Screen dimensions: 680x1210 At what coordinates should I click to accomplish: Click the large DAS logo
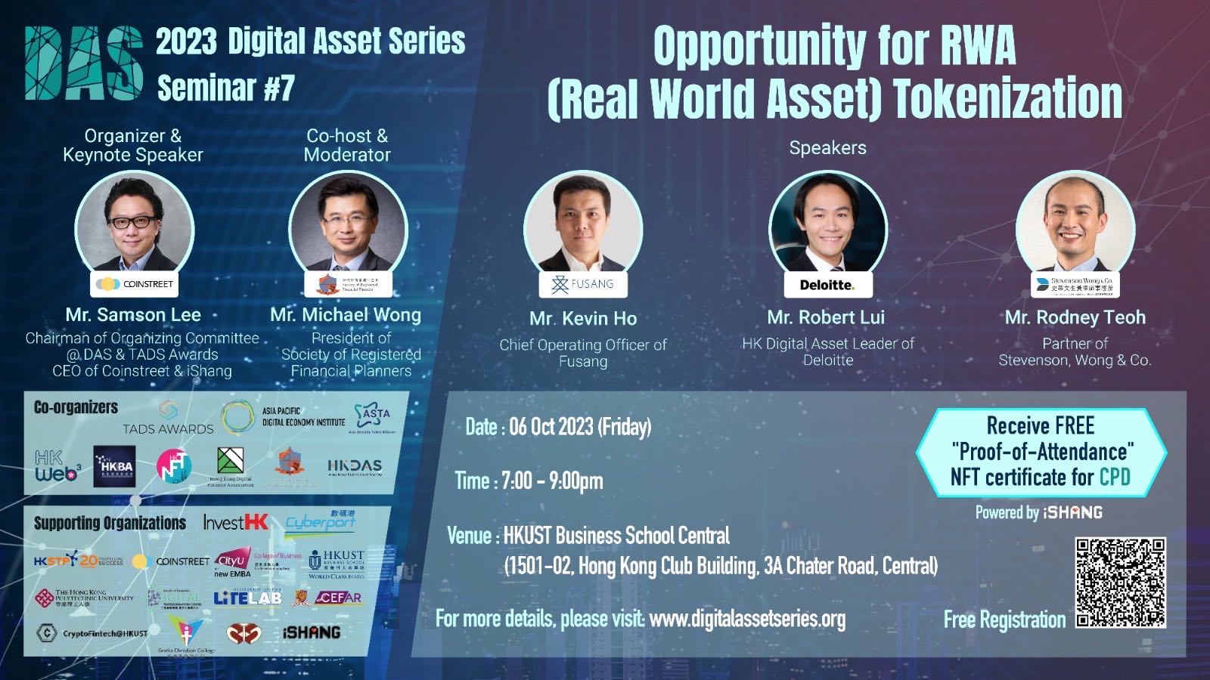coord(83,63)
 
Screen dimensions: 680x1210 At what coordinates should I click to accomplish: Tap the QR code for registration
coord(1120,583)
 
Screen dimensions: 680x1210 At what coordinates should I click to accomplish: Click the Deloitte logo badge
coord(827,285)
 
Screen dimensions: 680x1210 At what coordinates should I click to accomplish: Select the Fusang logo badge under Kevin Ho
coord(582,284)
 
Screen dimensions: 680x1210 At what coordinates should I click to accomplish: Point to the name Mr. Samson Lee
coord(133,315)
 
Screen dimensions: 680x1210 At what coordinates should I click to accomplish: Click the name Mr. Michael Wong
coord(346,315)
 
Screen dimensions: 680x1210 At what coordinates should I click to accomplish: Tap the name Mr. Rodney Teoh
coord(1075,317)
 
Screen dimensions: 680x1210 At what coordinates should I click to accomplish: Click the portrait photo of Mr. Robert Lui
coord(828,224)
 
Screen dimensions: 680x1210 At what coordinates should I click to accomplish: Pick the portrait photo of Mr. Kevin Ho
coord(582,224)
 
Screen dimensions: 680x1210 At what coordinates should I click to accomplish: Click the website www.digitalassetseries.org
coord(746,620)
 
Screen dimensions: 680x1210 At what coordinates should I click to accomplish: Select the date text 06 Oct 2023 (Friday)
coord(579,427)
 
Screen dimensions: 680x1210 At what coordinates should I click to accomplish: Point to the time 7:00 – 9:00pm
coord(552,481)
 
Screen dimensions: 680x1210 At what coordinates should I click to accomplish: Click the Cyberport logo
coord(320,521)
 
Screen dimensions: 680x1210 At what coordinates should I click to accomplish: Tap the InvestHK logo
coord(235,522)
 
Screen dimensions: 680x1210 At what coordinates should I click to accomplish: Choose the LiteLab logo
coord(247,598)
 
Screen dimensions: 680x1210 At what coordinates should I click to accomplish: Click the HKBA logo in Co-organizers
coord(114,466)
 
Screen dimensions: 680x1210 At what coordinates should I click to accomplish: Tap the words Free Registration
coord(1004,620)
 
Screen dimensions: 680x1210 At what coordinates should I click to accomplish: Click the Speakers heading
coord(827,148)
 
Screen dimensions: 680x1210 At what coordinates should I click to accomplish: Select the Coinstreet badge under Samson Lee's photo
coord(134,284)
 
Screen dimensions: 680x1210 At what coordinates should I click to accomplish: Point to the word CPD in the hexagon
coord(1115,478)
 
